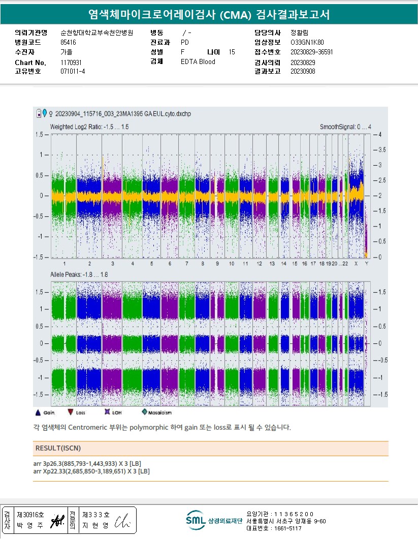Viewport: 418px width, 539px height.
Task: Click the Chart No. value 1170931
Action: (x=71, y=62)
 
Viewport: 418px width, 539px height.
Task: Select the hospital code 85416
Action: (x=68, y=42)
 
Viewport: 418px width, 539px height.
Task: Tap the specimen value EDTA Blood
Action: (x=198, y=62)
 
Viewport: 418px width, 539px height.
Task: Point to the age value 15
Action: (x=232, y=52)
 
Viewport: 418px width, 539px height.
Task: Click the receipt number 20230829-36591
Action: (x=312, y=52)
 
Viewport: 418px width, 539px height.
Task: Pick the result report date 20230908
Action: (x=303, y=72)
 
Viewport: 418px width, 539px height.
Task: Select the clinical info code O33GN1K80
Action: (x=307, y=42)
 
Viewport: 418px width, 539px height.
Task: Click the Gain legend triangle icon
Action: (x=38, y=413)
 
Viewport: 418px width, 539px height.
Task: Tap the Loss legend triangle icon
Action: (x=70, y=413)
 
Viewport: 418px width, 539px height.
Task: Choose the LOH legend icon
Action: (x=107, y=413)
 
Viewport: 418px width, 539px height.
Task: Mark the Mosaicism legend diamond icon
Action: (x=145, y=413)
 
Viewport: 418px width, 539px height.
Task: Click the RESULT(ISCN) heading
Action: (x=58, y=449)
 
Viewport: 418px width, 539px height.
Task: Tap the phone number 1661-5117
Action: (x=287, y=528)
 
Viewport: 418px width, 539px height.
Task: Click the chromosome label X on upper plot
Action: (x=356, y=264)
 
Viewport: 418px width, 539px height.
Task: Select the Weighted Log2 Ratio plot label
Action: (x=89, y=126)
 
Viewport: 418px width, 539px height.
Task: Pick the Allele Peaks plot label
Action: (x=78, y=274)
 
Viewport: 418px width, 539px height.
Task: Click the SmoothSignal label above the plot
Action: (x=345, y=126)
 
